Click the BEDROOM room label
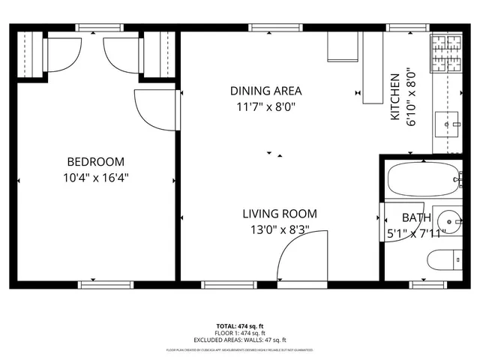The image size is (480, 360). (x=96, y=161)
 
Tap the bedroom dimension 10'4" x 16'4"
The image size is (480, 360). (x=96, y=178)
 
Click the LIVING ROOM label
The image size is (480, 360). (x=279, y=214)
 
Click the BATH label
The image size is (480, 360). (x=416, y=218)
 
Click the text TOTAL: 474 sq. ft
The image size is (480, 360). (x=240, y=325)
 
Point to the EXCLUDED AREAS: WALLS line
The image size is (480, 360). (x=240, y=340)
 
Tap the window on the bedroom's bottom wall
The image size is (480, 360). (x=100, y=284)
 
